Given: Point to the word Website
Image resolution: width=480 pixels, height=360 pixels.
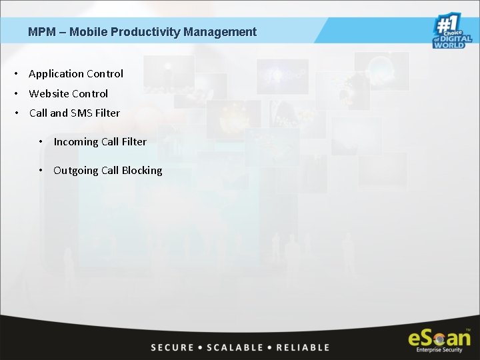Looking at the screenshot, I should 49,94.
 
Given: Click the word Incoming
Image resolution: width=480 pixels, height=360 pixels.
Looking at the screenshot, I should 76,141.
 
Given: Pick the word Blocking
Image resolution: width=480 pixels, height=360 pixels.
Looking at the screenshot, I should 142,171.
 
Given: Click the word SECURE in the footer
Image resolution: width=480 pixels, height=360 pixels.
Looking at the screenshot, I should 173,347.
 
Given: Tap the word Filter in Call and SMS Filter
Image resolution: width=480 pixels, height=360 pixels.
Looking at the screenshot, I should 107,113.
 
